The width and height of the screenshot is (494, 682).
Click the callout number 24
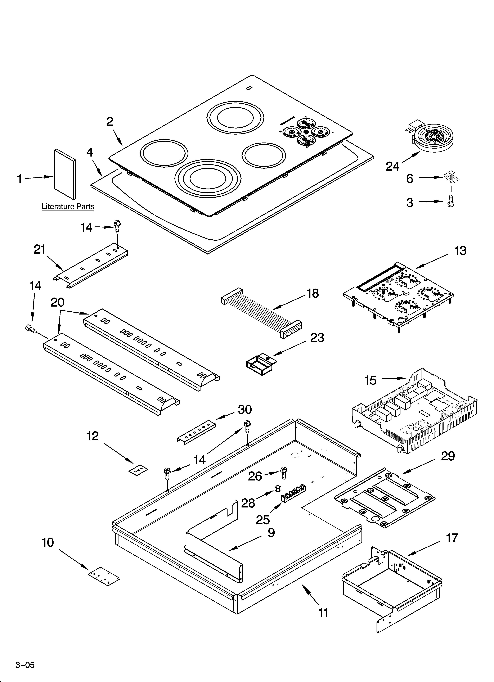point(393,166)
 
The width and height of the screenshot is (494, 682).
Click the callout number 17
point(452,538)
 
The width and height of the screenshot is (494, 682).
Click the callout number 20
point(57,302)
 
